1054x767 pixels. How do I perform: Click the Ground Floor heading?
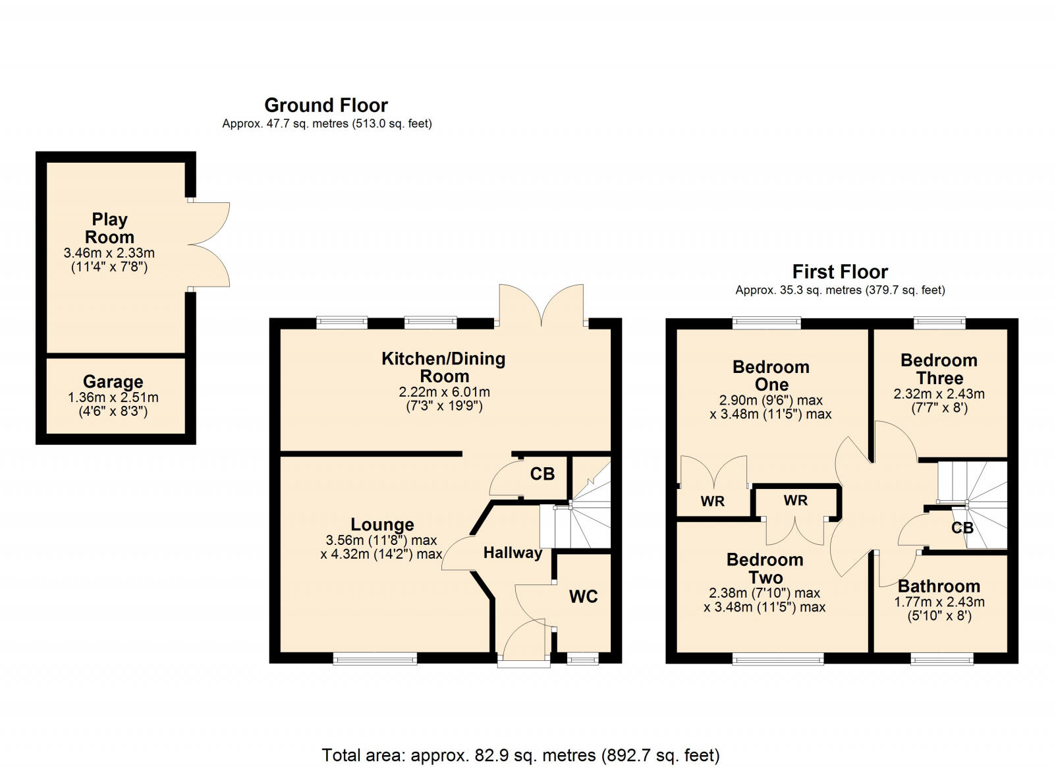click(326, 105)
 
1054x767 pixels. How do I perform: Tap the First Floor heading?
click(840, 271)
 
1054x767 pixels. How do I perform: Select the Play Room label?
click(109, 228)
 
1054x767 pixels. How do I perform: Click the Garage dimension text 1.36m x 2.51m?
click(113, 397)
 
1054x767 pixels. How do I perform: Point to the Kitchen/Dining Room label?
click(443, 367)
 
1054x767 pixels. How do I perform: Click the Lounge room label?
click(382, 525)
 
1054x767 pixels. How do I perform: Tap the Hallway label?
click(513, 553)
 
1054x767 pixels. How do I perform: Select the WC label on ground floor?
click(583, 596)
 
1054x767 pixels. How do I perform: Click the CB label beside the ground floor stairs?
click(542, 474)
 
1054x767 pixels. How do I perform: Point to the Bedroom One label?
click(771, 376)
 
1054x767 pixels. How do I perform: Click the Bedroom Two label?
click(765, 568)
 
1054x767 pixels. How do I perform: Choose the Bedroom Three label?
click(939, 369)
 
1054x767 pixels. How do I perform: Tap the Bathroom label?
click(939, 586)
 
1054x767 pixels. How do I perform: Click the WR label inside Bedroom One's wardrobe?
click(712, 501)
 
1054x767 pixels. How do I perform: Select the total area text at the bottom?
click(520, 754)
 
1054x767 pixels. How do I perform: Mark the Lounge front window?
click(375, 658)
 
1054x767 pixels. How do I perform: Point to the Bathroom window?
click(941, 658)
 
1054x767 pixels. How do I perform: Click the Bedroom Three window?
click(939, 323)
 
